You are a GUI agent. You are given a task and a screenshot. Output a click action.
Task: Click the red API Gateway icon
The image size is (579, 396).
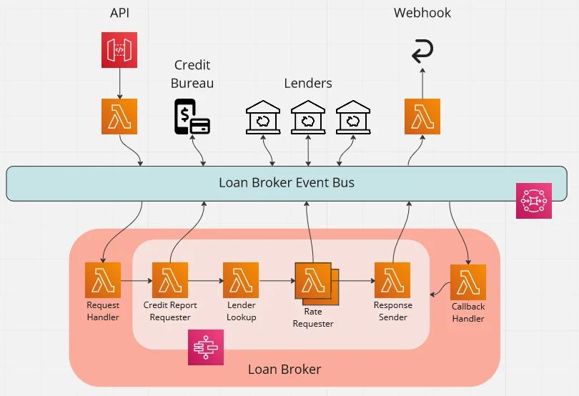pos(119,51)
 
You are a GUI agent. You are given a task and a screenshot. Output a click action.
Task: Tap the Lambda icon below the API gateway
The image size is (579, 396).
pos(119,117)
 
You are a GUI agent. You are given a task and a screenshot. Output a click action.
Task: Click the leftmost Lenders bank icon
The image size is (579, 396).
pos(263,117)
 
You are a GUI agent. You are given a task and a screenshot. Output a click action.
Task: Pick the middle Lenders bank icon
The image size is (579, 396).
pos(308,117)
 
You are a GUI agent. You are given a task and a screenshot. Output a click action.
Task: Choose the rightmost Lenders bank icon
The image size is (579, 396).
pos(353,117)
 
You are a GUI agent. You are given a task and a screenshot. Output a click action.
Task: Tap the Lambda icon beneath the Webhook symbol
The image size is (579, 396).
pos(422,117)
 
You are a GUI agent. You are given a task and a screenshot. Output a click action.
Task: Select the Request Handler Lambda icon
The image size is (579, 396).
pos(103,280)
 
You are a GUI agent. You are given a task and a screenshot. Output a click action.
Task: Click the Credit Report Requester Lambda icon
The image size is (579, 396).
pos(170,280)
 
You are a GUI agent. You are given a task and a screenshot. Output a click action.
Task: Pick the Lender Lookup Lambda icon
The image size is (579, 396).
pos(241,280)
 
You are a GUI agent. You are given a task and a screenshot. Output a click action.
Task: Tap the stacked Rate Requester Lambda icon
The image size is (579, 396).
pos(313,282)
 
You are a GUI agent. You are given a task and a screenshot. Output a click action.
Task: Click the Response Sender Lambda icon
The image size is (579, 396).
pos(392,280)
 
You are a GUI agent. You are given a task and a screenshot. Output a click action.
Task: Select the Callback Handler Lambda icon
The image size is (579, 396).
pos(468,282)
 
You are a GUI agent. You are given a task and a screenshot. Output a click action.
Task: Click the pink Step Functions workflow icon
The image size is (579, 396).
pos(206,347)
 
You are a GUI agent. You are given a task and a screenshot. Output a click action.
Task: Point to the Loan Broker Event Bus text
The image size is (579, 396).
pos(286,182)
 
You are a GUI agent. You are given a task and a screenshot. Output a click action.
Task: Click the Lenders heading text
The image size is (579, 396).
pos(308,83)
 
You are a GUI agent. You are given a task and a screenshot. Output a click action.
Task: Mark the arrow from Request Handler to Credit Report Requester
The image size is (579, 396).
pos(136,281)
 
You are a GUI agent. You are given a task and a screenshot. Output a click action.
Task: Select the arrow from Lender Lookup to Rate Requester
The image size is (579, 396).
pos(277,281)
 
